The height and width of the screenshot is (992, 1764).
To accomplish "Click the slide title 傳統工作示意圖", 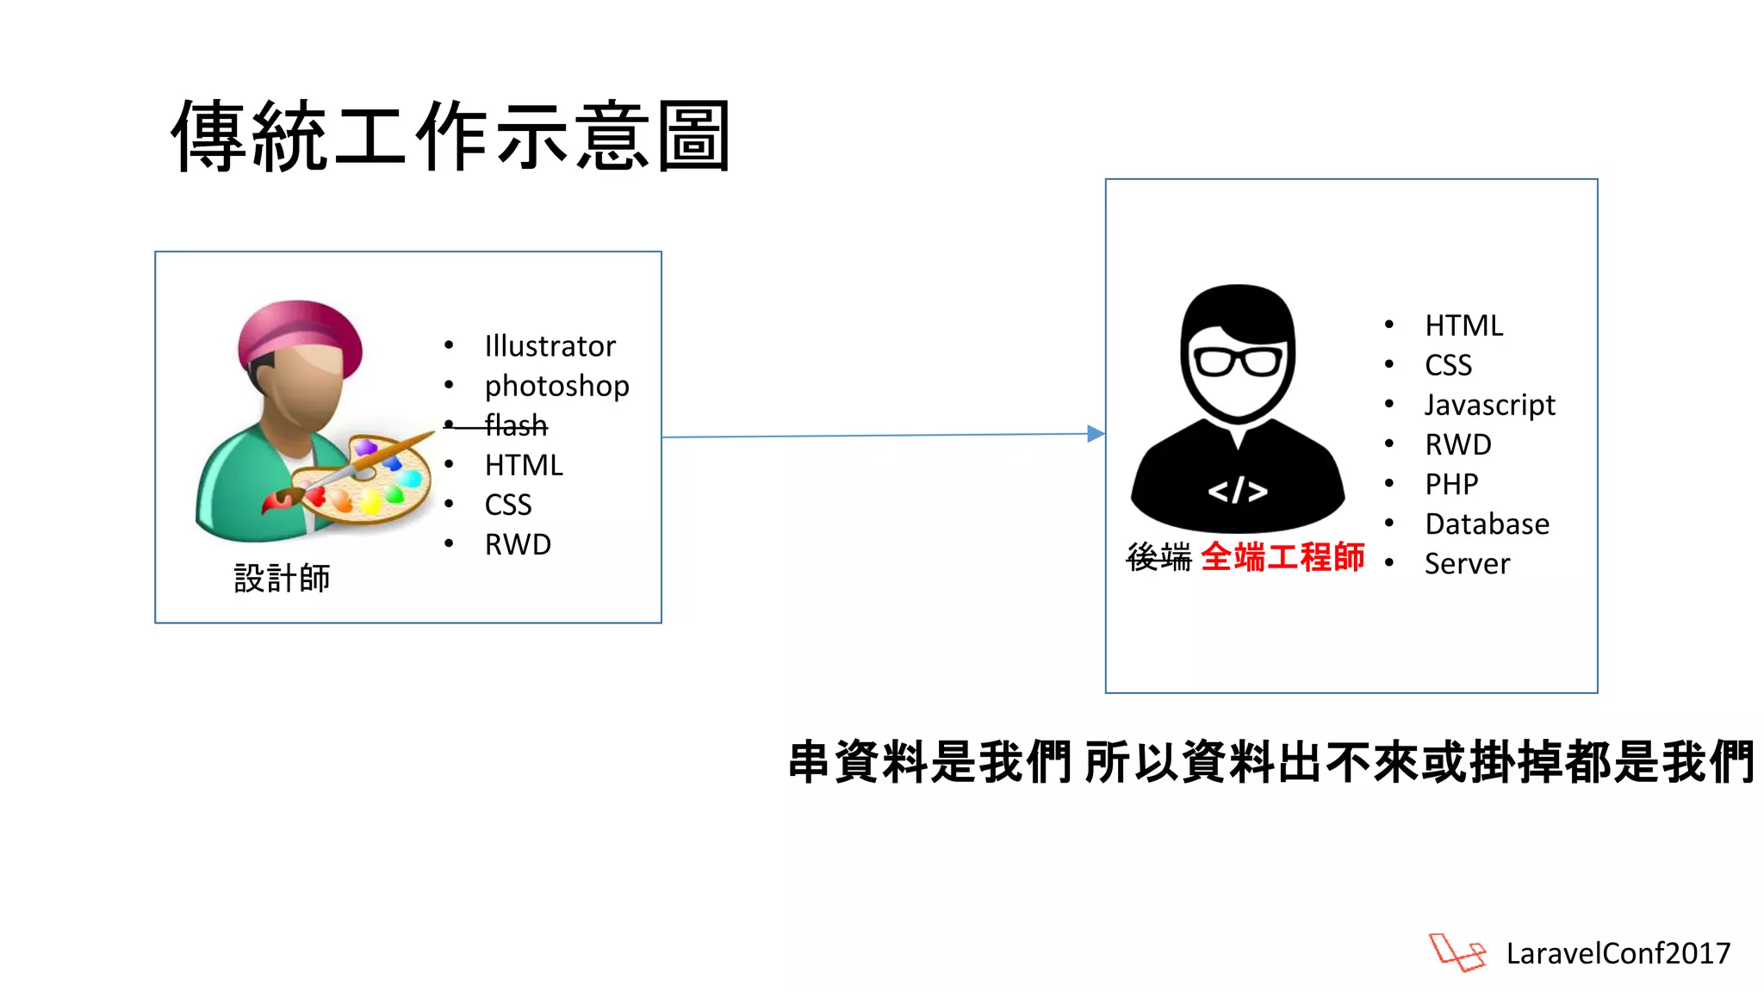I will tap(451, 136).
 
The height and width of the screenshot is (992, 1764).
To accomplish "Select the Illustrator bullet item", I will tap(550, 346).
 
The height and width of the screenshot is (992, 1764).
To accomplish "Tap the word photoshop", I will tap(556, 386).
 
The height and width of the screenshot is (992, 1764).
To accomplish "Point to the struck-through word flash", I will tap(516, 425).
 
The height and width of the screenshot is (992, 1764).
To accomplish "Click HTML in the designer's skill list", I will tap(524, 465).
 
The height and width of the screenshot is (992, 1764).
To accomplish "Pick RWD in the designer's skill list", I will tap(518, 544).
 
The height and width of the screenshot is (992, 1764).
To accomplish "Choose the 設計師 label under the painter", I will tap(282, 579).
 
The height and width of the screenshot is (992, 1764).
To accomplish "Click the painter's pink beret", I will tap(301, 335).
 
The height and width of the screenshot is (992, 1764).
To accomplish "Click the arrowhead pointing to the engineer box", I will tap(1096, 434).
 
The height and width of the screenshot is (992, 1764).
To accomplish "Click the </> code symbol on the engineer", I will tap(1238, 491).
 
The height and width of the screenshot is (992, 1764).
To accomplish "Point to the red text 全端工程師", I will tap(1283, 557).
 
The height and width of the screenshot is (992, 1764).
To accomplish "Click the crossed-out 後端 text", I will tap(1158, 558).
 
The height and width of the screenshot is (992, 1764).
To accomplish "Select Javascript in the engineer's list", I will tap(1489, 405).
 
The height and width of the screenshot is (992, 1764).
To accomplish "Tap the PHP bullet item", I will tap(1451, 484).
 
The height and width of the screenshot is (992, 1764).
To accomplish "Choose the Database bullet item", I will tap(1487, 524).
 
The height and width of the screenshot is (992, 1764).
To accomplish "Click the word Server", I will tap(1467, 564).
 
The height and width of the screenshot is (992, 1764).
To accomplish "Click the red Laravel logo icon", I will tap(1457, 952).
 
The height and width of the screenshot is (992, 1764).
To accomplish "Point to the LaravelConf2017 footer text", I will tap(1618, 953).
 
